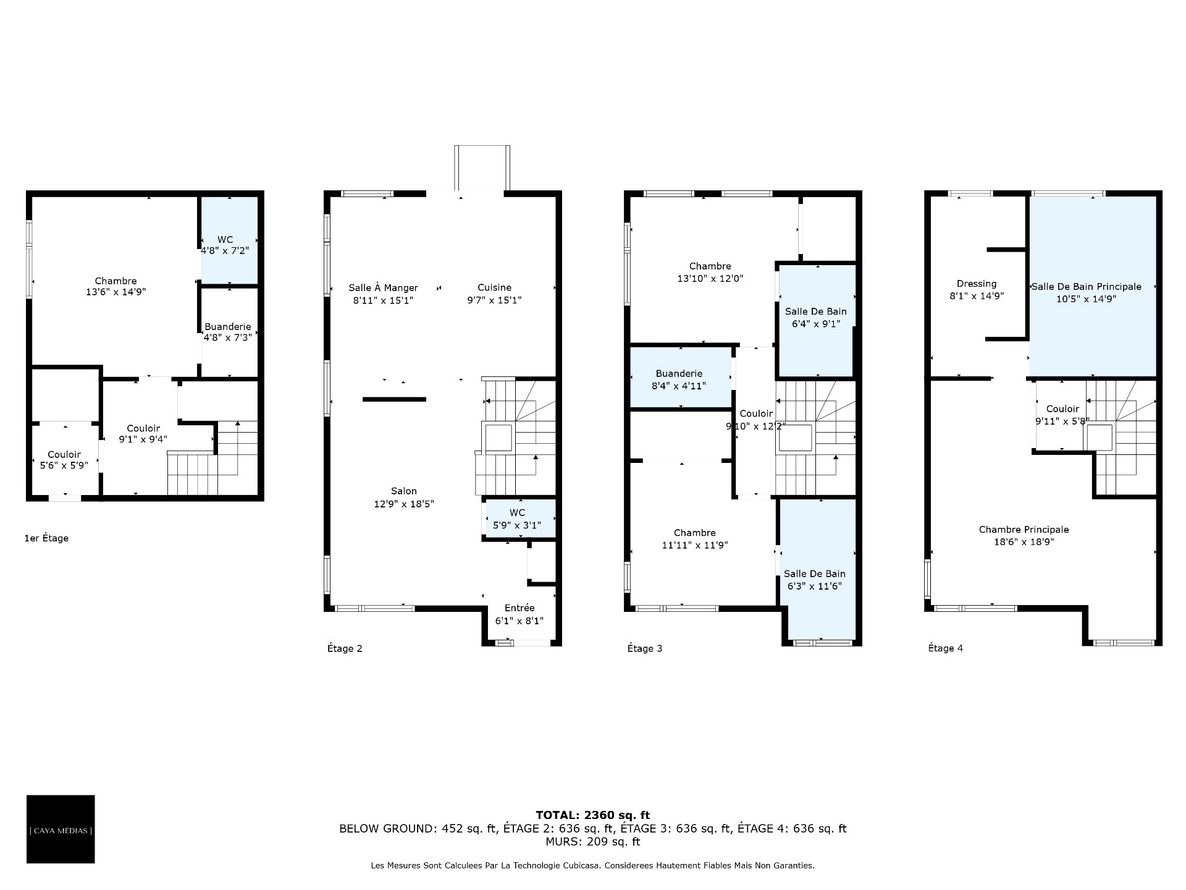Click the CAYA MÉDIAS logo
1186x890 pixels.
pos(61,829)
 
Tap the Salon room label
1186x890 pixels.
pos(404,491)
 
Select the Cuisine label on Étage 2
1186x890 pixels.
pos(494,287)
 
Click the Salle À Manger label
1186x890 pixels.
pos(383,288)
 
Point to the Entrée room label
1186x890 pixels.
pos(519,608)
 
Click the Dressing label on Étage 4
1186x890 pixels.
pos(977,284)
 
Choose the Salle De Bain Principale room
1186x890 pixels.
pos(1092,286)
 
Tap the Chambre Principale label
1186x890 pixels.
pos(1024,530)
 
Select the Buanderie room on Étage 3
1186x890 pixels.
pos(680,377)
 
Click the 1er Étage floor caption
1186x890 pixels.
pos(46,538)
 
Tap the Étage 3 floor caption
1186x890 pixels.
pos(645,648)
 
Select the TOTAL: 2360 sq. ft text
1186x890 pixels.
pos(592,815)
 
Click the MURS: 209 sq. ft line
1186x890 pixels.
pos(592,842)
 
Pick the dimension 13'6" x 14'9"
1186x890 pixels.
pos(116,292)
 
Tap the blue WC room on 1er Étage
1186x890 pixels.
pos(229,240)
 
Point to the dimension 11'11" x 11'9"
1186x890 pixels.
pos(695,545)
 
